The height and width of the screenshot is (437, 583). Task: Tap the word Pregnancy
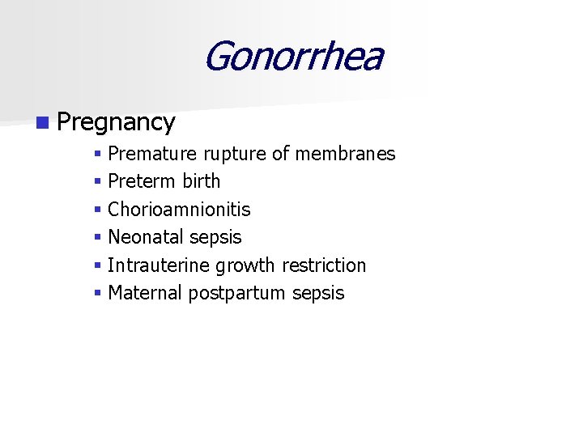coord(117,122)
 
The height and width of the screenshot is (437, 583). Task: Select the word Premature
coord(152,154)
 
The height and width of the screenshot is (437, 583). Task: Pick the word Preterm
coord(143,181)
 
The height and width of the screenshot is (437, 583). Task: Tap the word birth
coord(202,181)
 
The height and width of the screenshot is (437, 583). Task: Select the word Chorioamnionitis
coord(179,210)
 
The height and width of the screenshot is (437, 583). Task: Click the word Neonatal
coord(146,237)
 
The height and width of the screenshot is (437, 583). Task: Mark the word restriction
coord(324,265)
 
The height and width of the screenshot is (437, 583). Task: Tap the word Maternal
coord(145,293)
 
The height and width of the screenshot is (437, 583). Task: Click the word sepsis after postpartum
coord(318,294)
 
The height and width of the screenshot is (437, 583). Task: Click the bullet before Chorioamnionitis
coord(97,210)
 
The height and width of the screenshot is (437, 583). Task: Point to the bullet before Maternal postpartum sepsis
coord(97,293)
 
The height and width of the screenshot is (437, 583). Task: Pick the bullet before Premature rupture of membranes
coord(97,154)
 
